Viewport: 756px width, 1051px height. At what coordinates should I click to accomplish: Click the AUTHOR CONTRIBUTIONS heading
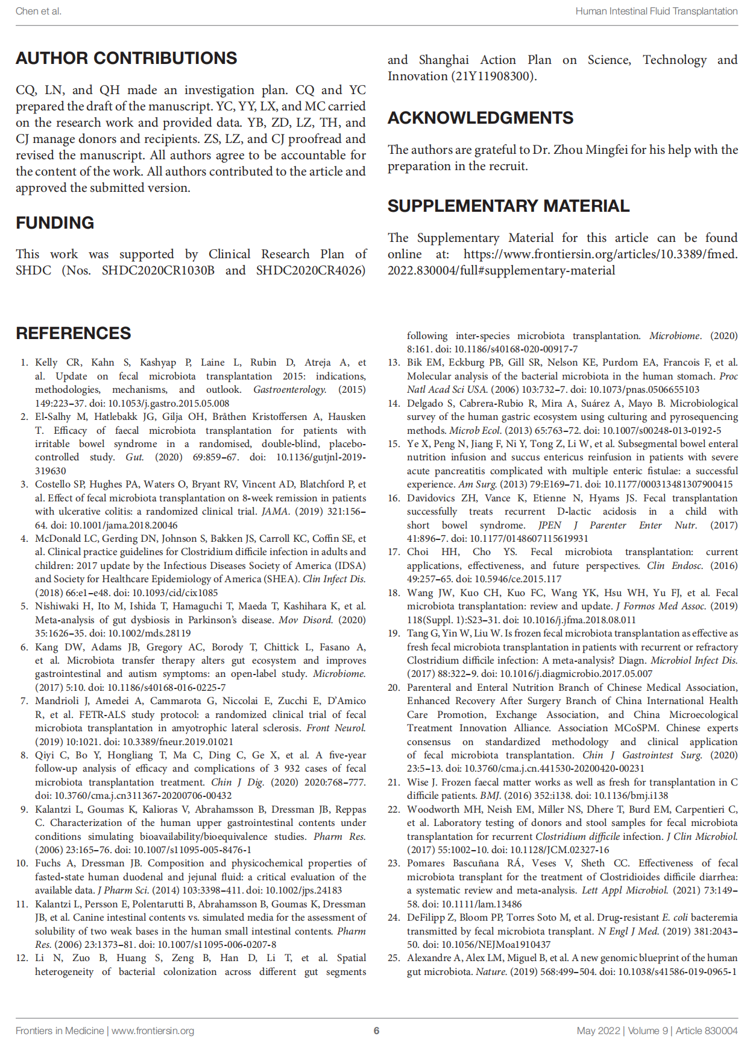127,59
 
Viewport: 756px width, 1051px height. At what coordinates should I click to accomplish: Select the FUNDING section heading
55,223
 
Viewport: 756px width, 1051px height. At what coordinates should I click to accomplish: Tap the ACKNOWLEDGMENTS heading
480,118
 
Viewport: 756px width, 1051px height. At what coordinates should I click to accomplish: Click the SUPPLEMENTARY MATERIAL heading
508,206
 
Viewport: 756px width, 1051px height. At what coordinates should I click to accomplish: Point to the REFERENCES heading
74,334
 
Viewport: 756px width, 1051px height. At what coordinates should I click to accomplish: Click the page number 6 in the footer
376,1030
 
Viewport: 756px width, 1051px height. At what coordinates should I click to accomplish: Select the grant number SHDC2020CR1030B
158,270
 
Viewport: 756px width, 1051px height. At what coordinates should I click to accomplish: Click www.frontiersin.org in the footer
153,1030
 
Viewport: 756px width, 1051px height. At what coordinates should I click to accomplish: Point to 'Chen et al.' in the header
39,11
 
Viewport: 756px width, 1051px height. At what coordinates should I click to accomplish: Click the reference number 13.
394,363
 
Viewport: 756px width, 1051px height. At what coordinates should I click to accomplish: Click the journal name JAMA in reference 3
272,512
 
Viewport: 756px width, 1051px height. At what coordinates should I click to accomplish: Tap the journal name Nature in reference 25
491,972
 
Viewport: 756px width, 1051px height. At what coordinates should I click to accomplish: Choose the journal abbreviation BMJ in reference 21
490,796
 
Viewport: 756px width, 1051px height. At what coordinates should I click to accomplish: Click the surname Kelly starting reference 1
46,363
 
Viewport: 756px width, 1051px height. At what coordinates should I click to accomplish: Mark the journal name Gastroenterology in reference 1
289,390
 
